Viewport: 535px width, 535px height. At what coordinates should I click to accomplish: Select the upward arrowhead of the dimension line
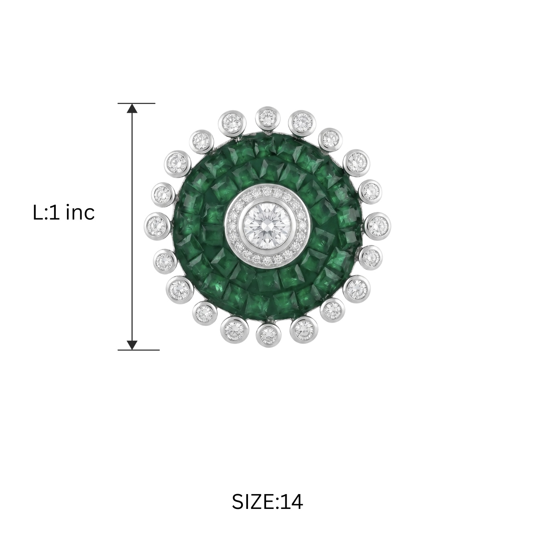pos(132,108)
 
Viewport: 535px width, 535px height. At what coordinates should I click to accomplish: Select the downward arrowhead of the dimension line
pos(132,345)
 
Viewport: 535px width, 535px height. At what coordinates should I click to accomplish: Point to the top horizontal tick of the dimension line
pos(136,103)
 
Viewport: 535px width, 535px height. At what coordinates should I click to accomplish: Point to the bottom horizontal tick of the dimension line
pos(138,350)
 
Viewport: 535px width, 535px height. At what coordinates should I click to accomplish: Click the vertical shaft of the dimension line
pos(132,226)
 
